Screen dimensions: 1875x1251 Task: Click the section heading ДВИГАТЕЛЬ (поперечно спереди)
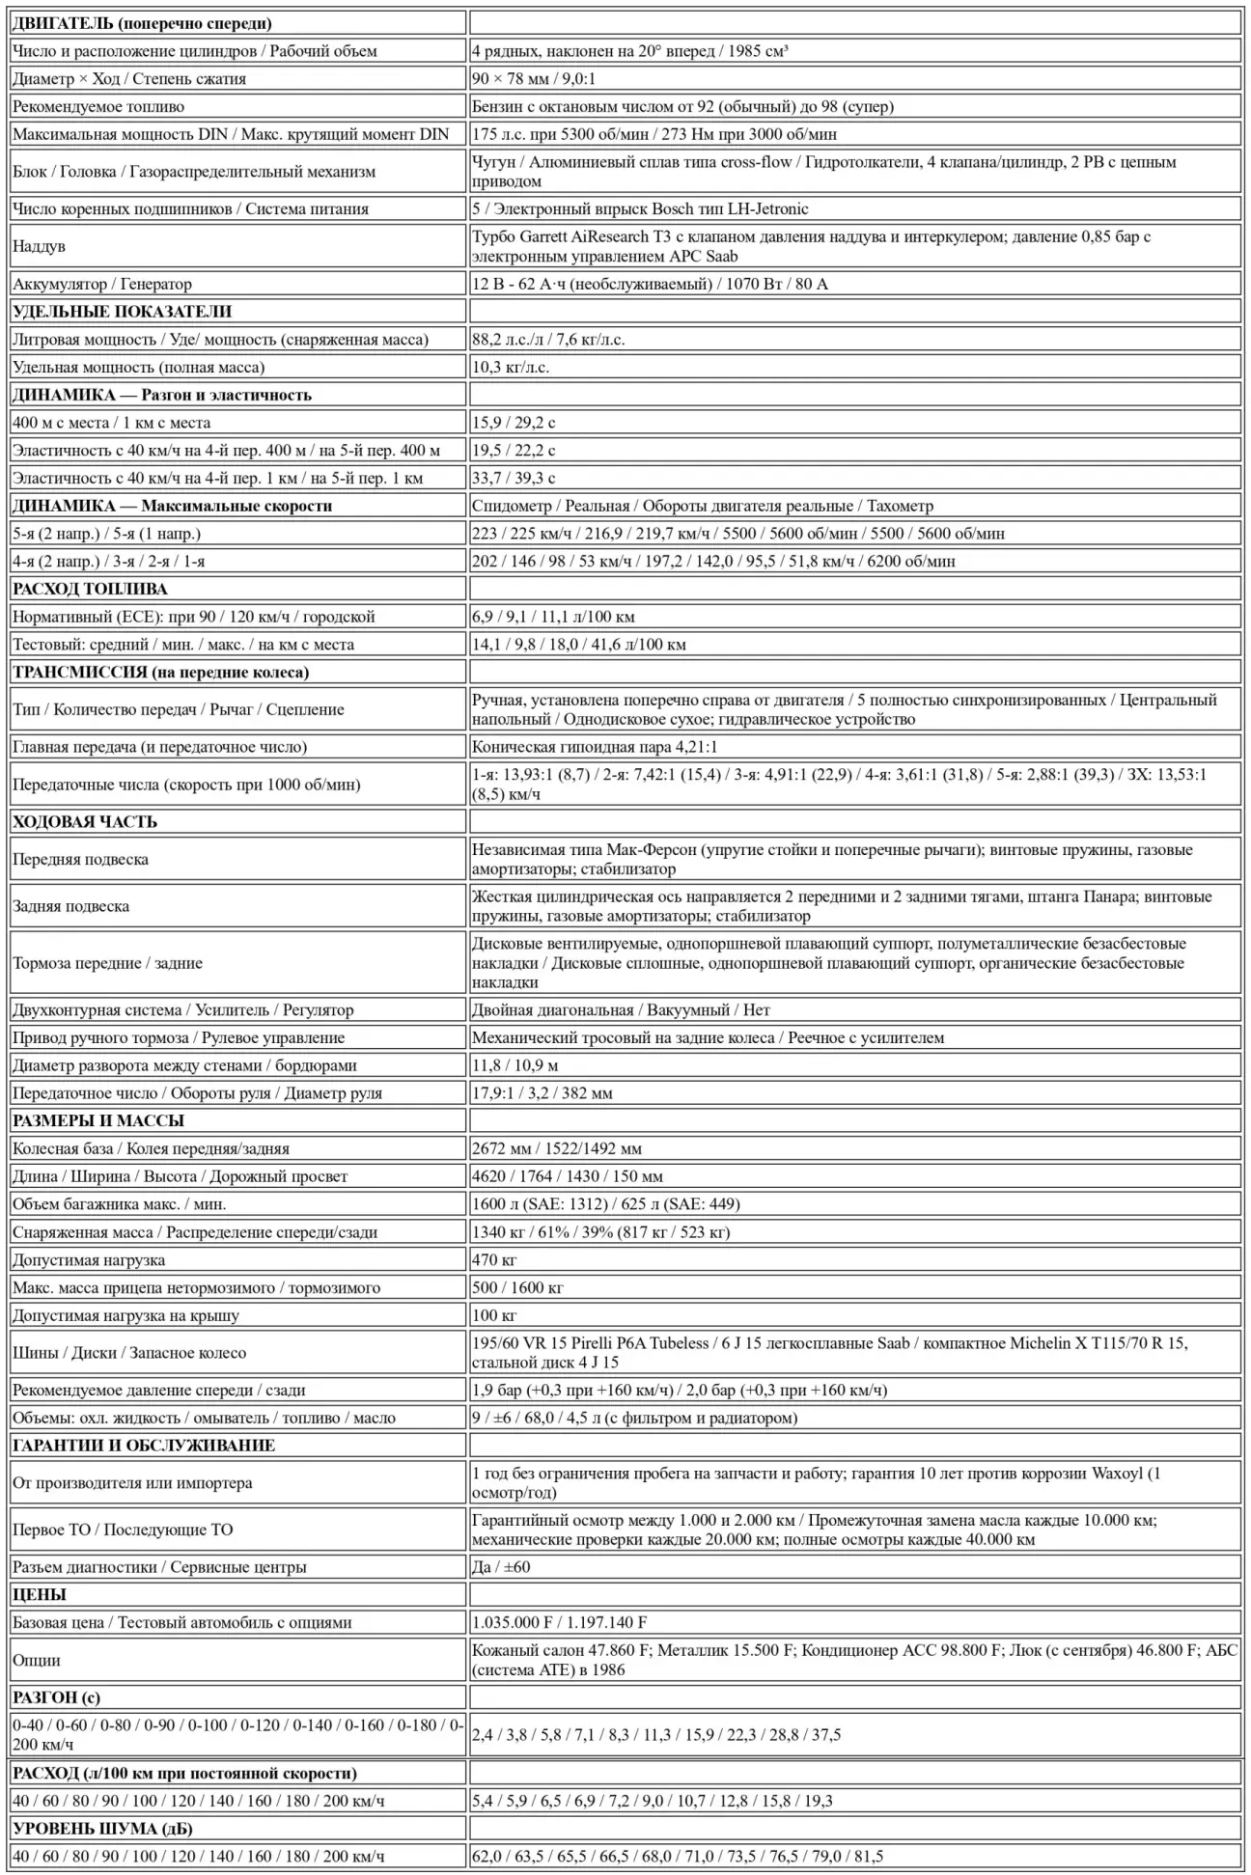[142, 23]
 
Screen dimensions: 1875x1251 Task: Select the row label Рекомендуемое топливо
[98, 106]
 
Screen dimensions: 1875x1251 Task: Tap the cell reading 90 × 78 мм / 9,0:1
[540, 79]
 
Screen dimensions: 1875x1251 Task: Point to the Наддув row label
[40, 246]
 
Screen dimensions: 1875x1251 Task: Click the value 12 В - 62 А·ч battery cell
[650, 284]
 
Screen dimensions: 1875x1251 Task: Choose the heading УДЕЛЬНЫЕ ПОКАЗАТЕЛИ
[123, 312]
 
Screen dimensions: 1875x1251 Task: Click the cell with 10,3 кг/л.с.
[511, 367]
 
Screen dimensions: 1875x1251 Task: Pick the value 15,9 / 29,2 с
[514, 423]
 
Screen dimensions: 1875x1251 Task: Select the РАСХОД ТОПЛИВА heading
[90, 589]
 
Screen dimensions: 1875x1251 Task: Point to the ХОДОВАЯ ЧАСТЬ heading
[85, 822]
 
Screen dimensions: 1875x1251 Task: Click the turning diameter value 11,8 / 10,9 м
[515, 1065]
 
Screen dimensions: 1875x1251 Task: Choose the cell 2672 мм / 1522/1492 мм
[557, 1148]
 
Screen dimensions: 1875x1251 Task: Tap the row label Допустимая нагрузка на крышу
[125, 1315]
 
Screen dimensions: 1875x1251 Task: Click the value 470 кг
[494, 1259]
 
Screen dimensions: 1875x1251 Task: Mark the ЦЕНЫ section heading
[40, 1595]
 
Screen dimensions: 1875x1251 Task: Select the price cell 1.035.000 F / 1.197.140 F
[560, 1622]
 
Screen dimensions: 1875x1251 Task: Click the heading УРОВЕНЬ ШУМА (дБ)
[103, 1829]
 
